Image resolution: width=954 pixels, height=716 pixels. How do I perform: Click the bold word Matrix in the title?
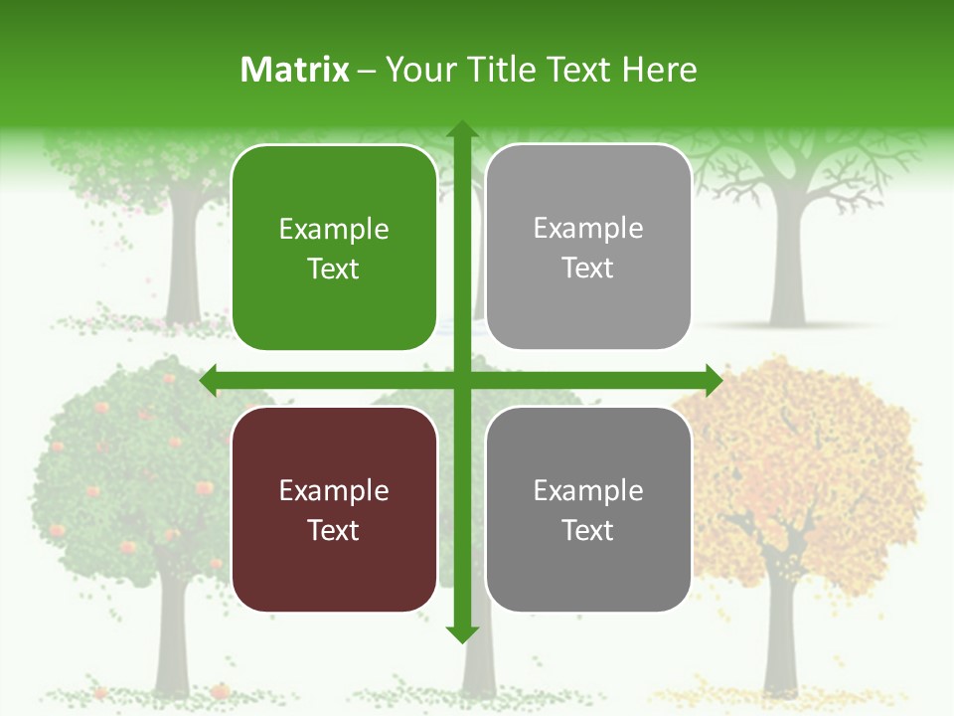pyautogui.click(x=295, y=70)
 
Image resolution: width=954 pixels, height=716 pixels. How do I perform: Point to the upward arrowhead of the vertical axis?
pyautogui.click(x=461, y=129)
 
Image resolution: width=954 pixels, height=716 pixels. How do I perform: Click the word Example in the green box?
pyautogui.click(x=334, y=230)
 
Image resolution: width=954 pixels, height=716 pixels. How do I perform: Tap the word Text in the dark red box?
pyautogui.click(x=334, y=530)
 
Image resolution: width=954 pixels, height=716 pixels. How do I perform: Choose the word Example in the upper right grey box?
pyautogui.click(x=588, y=229)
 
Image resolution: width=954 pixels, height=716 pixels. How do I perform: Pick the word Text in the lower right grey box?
pyautogui.click(x=588, y=530)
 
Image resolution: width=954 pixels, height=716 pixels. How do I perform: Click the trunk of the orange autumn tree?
pyautogui.click(x=780, y=636)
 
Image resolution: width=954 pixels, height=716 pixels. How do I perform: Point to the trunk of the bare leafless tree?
pyautogui.click(x=788, y=268)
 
